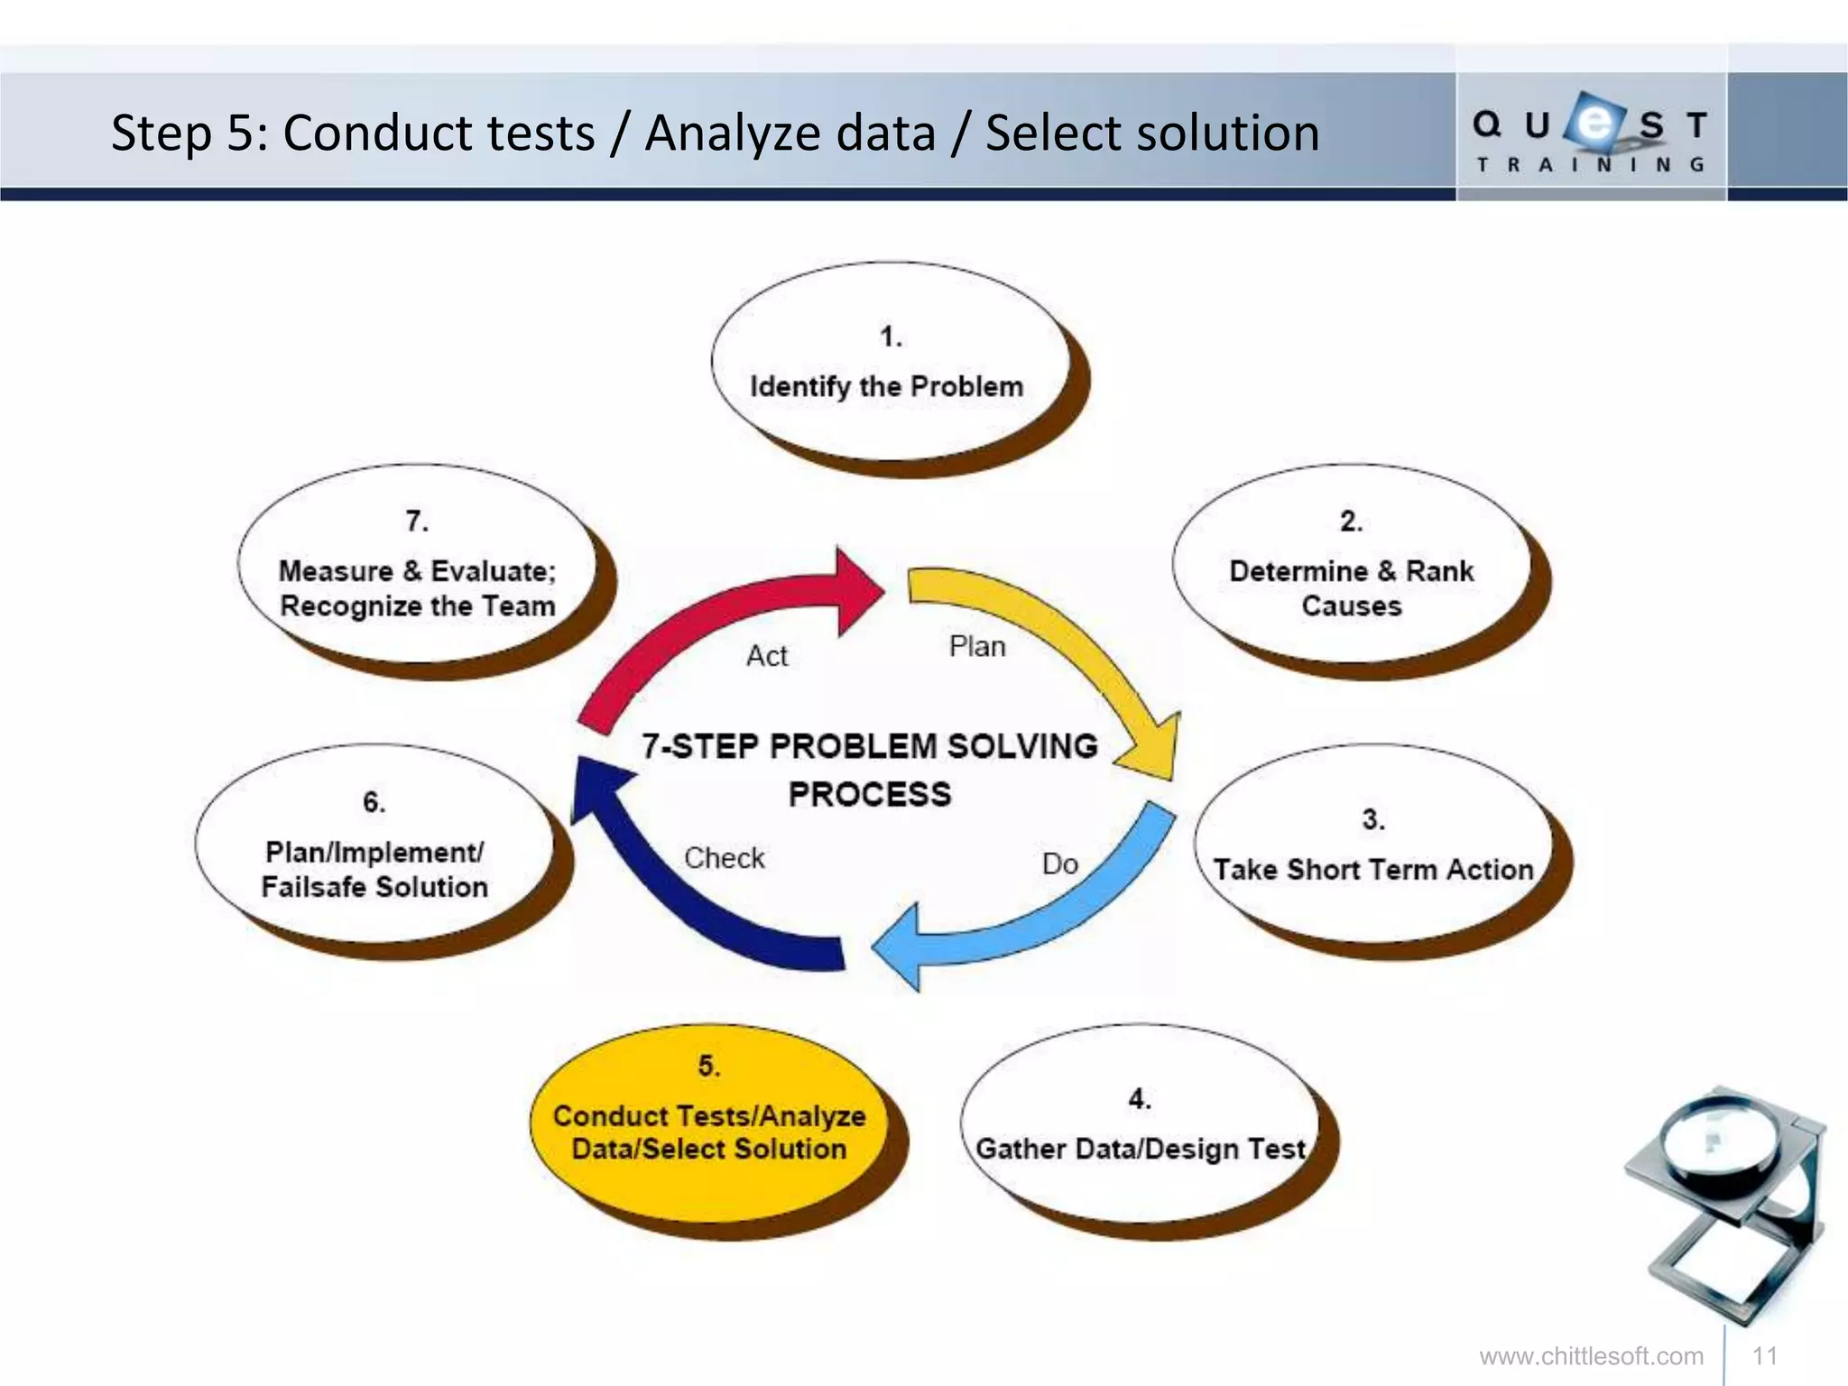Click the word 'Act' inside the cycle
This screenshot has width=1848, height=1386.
767,656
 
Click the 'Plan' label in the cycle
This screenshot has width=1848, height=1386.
977,647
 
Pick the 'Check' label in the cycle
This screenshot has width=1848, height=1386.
724,858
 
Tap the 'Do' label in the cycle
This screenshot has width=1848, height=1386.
1060,864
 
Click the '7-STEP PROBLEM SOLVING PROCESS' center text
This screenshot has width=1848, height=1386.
870,770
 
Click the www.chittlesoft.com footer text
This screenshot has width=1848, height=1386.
1591,1356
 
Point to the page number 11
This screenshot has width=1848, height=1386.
1765,1356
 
